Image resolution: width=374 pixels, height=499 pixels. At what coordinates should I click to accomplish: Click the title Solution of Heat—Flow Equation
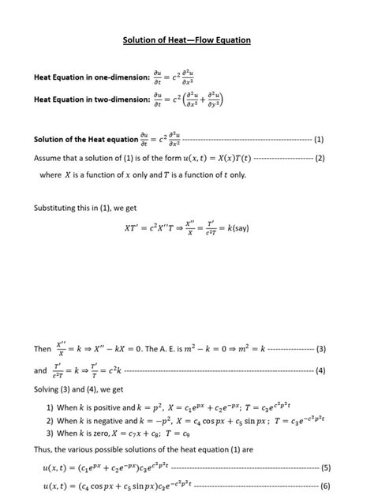point(187,39)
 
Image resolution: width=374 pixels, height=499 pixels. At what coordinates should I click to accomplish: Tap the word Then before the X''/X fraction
point(42,348)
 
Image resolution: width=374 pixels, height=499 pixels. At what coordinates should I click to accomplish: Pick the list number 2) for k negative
point(50,420)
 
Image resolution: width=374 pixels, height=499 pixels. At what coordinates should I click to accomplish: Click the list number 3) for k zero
point(50,433)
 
